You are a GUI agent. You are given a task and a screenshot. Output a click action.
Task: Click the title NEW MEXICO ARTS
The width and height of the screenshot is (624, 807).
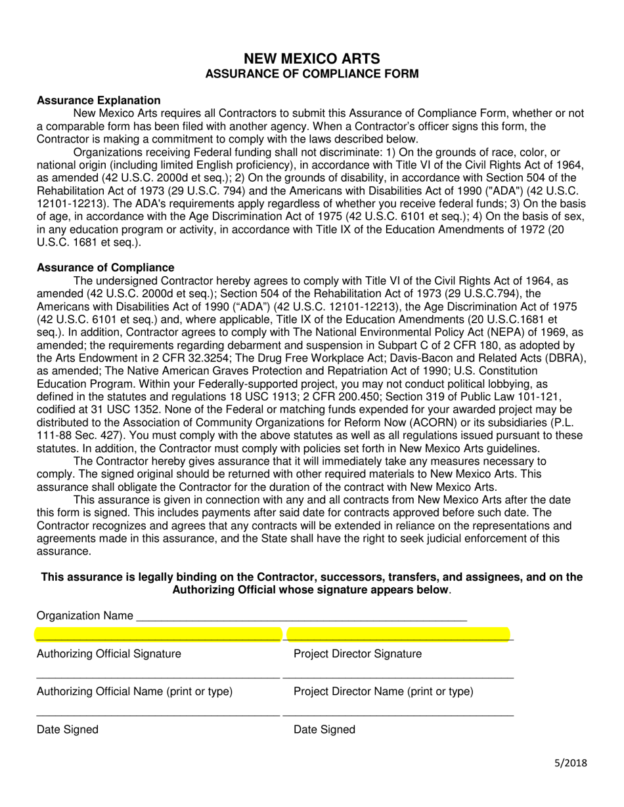[311, 58]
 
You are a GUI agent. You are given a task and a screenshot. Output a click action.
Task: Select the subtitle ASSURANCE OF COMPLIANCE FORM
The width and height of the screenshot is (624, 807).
[311, 74]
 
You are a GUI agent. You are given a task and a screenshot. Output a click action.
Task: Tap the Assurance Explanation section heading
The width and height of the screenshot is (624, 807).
[99, 100]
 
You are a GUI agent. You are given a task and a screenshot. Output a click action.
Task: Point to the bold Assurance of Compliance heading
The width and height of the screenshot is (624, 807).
[106, 268]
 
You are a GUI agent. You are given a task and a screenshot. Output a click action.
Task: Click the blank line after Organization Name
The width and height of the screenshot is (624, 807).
[300, 617]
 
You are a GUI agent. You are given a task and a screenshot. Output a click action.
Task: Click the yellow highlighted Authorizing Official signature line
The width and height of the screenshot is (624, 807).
[158, 634]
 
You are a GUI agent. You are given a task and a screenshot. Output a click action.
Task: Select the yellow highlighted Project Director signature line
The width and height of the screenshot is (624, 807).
[399, 634]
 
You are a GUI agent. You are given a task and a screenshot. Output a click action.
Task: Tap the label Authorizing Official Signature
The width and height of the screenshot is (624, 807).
[109, 653]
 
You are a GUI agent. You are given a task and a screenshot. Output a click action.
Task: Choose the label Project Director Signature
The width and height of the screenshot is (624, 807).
[357, 653]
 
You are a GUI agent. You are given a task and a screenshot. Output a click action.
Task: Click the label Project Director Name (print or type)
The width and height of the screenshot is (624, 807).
[383, 692]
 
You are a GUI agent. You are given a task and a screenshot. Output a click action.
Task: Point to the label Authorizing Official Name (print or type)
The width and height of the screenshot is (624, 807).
[135, 692]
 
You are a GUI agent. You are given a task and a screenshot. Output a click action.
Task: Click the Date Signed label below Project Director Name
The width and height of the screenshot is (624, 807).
[324, 730]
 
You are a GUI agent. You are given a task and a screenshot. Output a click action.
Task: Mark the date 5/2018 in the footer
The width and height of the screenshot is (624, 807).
[569, 762]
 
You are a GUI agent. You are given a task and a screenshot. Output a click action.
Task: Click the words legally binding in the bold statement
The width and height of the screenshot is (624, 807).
[177, 577]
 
